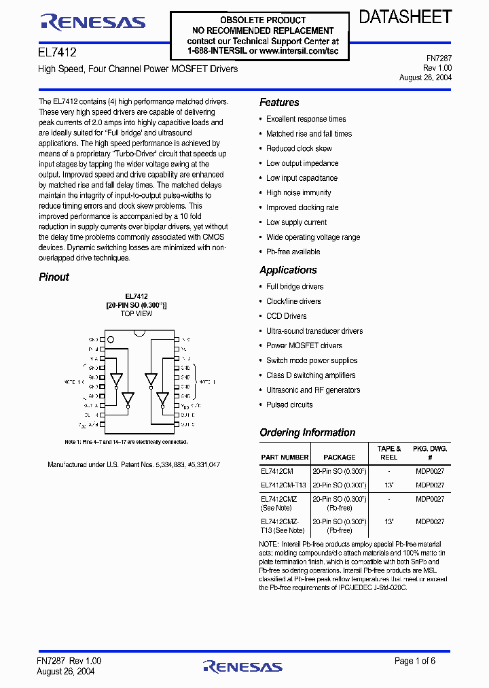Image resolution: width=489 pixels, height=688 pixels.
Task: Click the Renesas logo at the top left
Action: click(93, 22)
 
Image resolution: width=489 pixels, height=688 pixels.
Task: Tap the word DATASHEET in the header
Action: click(405, 18)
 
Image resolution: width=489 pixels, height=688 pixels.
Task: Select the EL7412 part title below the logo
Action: click(57, 52)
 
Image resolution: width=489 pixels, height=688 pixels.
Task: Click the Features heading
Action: click(279, 103)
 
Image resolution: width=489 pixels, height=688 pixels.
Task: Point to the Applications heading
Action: click(288, 270)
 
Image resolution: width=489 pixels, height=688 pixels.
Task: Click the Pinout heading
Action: click(54, 277)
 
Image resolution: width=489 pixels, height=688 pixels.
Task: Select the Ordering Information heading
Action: click(307, 432)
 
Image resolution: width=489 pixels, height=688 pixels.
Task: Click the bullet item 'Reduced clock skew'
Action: click(299, 148)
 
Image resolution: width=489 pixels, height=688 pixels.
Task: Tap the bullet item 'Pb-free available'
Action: click(293, 252)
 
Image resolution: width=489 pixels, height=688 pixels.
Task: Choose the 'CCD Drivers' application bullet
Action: click(286, 316)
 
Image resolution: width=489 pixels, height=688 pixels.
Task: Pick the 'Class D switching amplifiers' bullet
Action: click(311, 375)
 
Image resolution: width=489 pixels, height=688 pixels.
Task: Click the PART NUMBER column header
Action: click(285, 458)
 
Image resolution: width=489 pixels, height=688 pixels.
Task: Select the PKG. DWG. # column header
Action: click(429, 453)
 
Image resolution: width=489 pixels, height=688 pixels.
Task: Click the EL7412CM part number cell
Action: click(277, 470)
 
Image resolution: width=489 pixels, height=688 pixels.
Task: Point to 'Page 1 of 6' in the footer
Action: click(415, 661)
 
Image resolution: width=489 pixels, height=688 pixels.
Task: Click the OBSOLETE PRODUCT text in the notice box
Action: click(263, 20)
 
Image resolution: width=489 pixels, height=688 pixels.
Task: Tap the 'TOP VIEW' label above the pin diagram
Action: click(136, 314)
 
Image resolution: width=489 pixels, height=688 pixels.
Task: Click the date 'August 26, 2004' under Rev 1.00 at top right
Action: click(425, 78)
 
